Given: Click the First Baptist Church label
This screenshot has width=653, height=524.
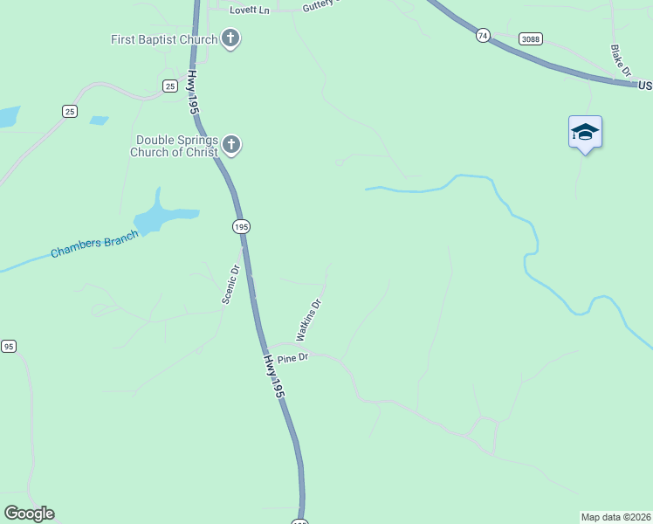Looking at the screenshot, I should click(x=164, y=39).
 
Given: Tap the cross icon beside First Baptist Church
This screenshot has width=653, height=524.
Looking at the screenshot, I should click(x=230, y=38).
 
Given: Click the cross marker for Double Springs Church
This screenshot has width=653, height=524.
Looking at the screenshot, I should click(x=230, y=145).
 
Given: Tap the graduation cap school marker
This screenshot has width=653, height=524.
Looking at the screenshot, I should click(x=585, y=133).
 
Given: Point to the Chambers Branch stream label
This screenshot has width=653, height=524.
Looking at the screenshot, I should click(x=94, y=244).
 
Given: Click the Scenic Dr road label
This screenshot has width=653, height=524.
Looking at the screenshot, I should click(x=230, y=284).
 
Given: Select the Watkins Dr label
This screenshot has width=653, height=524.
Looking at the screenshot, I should click(x=309, y=320).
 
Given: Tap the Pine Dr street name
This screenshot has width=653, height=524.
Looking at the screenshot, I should click(x=293, y=358).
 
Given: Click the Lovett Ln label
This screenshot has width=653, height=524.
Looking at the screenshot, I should click(x=250, y=10).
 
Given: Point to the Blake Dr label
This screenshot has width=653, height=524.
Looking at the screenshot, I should click(x=621, y=62).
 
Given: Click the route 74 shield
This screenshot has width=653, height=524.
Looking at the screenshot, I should click(x=484, y=36).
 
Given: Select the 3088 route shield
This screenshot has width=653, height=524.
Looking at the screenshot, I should click(x=529, y=38).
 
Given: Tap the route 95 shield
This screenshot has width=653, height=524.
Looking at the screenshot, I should click(x=9, y=347).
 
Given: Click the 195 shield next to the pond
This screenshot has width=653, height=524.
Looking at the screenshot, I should click(x=241, y=226).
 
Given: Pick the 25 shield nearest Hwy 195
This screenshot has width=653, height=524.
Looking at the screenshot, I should click(x=170, y=85).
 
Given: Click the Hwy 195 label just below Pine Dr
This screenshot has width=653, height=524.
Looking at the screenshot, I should click(x=274, y=378).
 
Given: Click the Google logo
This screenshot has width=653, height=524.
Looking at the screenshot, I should click(x=29, y=514).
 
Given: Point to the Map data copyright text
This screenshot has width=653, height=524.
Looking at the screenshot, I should click(x=615, y=517).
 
